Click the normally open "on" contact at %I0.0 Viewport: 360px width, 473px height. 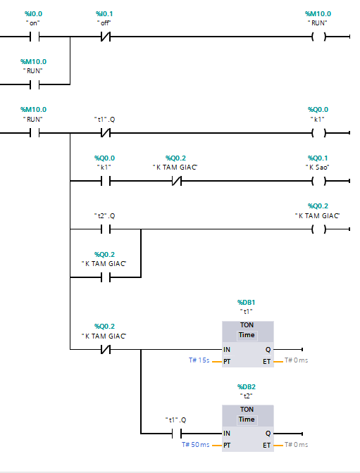[x=33, y=37]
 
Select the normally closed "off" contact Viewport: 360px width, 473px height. [x=105, y=37]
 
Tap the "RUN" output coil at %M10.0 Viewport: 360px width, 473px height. [x=318, y=37]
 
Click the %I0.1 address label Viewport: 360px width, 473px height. [x=104, y=14]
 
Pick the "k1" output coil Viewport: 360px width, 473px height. [x=318, y=132]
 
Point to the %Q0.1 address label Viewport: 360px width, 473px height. [x=318, y=158]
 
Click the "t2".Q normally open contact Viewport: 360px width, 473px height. [x=105, y=229]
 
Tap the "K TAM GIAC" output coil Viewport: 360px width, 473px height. [x=318, y=229]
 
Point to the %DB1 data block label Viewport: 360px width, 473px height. [x=247, y=301]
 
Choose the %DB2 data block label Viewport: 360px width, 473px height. [x=247, y=386]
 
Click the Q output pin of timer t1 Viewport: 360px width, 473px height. [x=268, y=349]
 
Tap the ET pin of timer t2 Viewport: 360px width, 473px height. [x=266, y=445]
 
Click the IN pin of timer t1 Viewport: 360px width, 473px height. [x=227, y=349]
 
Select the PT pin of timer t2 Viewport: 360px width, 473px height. [x=227, y=445]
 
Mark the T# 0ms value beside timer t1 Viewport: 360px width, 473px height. [x=295, y=360]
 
